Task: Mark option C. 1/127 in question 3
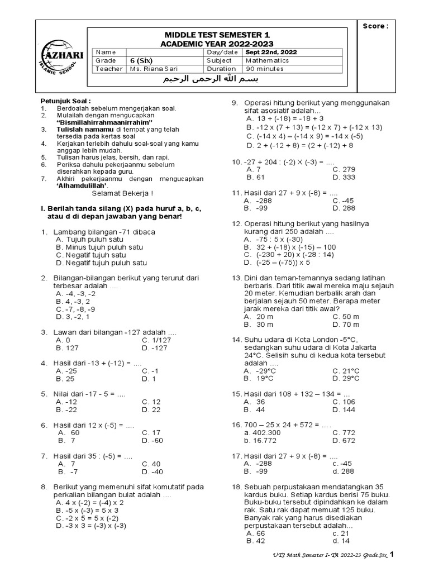(x=155, y=340)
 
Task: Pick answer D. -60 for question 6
(x=152, y=440)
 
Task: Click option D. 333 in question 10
(x=344, y=177)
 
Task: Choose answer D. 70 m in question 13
(x=346, y=324)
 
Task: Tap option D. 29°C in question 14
(x=346, y=378)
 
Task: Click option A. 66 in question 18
(x=255, y=533)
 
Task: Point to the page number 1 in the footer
(x=392, y=554)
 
